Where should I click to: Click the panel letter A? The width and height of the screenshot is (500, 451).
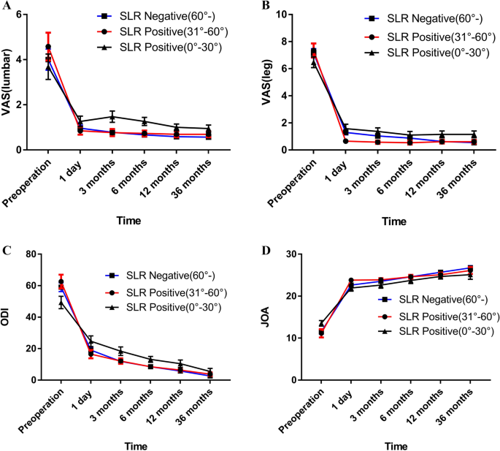pyautogui.click(x=5, y=7)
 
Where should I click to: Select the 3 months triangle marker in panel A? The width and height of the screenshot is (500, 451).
pyautogui.click(x=112, y=116)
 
